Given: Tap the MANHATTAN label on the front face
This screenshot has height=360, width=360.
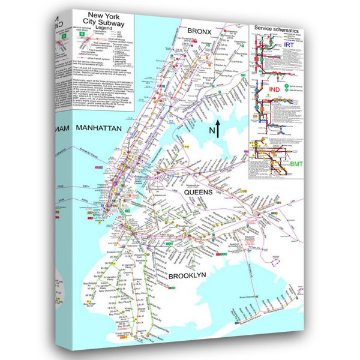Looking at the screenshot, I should tap(99, 128).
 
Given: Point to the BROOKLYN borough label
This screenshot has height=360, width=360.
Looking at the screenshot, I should tap(187, 275).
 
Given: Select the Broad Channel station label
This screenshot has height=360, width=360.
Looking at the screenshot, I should tap(248, 296).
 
